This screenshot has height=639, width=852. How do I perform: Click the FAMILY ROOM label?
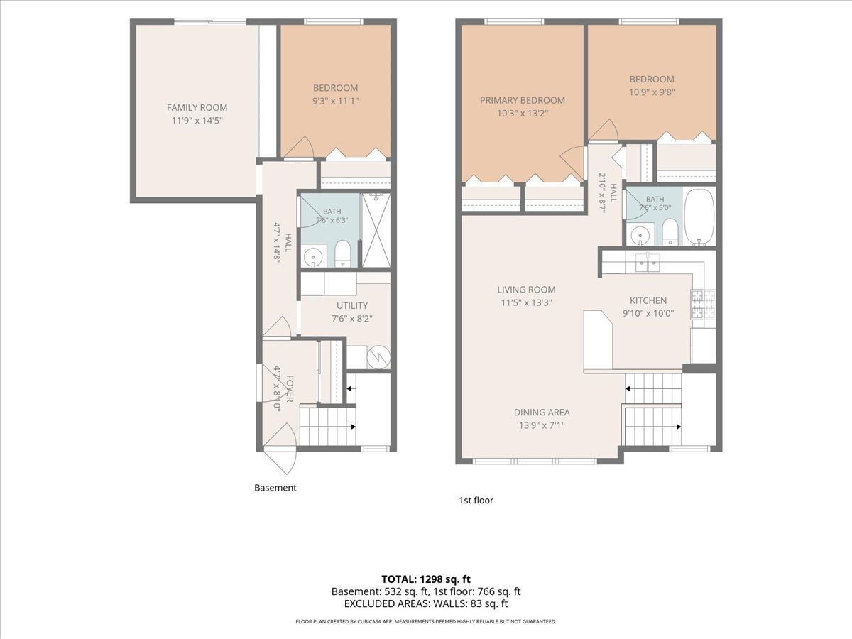point(197,107)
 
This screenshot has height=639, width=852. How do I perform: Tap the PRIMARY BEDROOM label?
point(523,100)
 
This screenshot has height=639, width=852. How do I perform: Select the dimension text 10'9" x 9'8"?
point(652,92)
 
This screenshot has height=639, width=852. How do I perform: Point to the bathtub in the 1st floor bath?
point(699,217)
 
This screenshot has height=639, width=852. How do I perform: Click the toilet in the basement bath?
point(343,253)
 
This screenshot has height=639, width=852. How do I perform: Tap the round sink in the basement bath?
point(314,256)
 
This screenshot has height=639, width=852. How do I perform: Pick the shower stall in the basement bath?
point(376,230)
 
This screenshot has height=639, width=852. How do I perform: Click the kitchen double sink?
point(648,263)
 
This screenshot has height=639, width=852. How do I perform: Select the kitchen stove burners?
point(704,305)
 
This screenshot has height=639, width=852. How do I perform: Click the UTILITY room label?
point(352,306)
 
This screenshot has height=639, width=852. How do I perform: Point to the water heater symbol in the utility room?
point(378,357)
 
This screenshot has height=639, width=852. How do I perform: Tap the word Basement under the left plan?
point(275,488)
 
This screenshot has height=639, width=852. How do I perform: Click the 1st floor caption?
point(476,500)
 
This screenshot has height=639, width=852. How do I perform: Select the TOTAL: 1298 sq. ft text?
point(426,579)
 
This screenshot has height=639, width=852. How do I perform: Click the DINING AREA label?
point(542,413)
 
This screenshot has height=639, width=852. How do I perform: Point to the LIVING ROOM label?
point(526,290)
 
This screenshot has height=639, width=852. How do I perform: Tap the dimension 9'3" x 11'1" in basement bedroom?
point(335,101)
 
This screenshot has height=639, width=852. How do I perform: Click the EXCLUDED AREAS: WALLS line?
point(426,603)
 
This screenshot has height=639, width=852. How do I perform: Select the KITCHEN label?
point(648,300)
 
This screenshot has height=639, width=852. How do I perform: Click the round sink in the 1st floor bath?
point(638,235)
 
